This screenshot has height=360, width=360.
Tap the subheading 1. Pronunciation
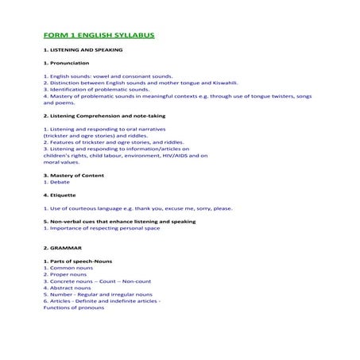66,63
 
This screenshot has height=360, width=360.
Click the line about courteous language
137,208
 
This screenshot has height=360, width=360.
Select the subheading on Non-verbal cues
119,221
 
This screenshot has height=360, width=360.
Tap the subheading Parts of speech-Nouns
84,261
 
